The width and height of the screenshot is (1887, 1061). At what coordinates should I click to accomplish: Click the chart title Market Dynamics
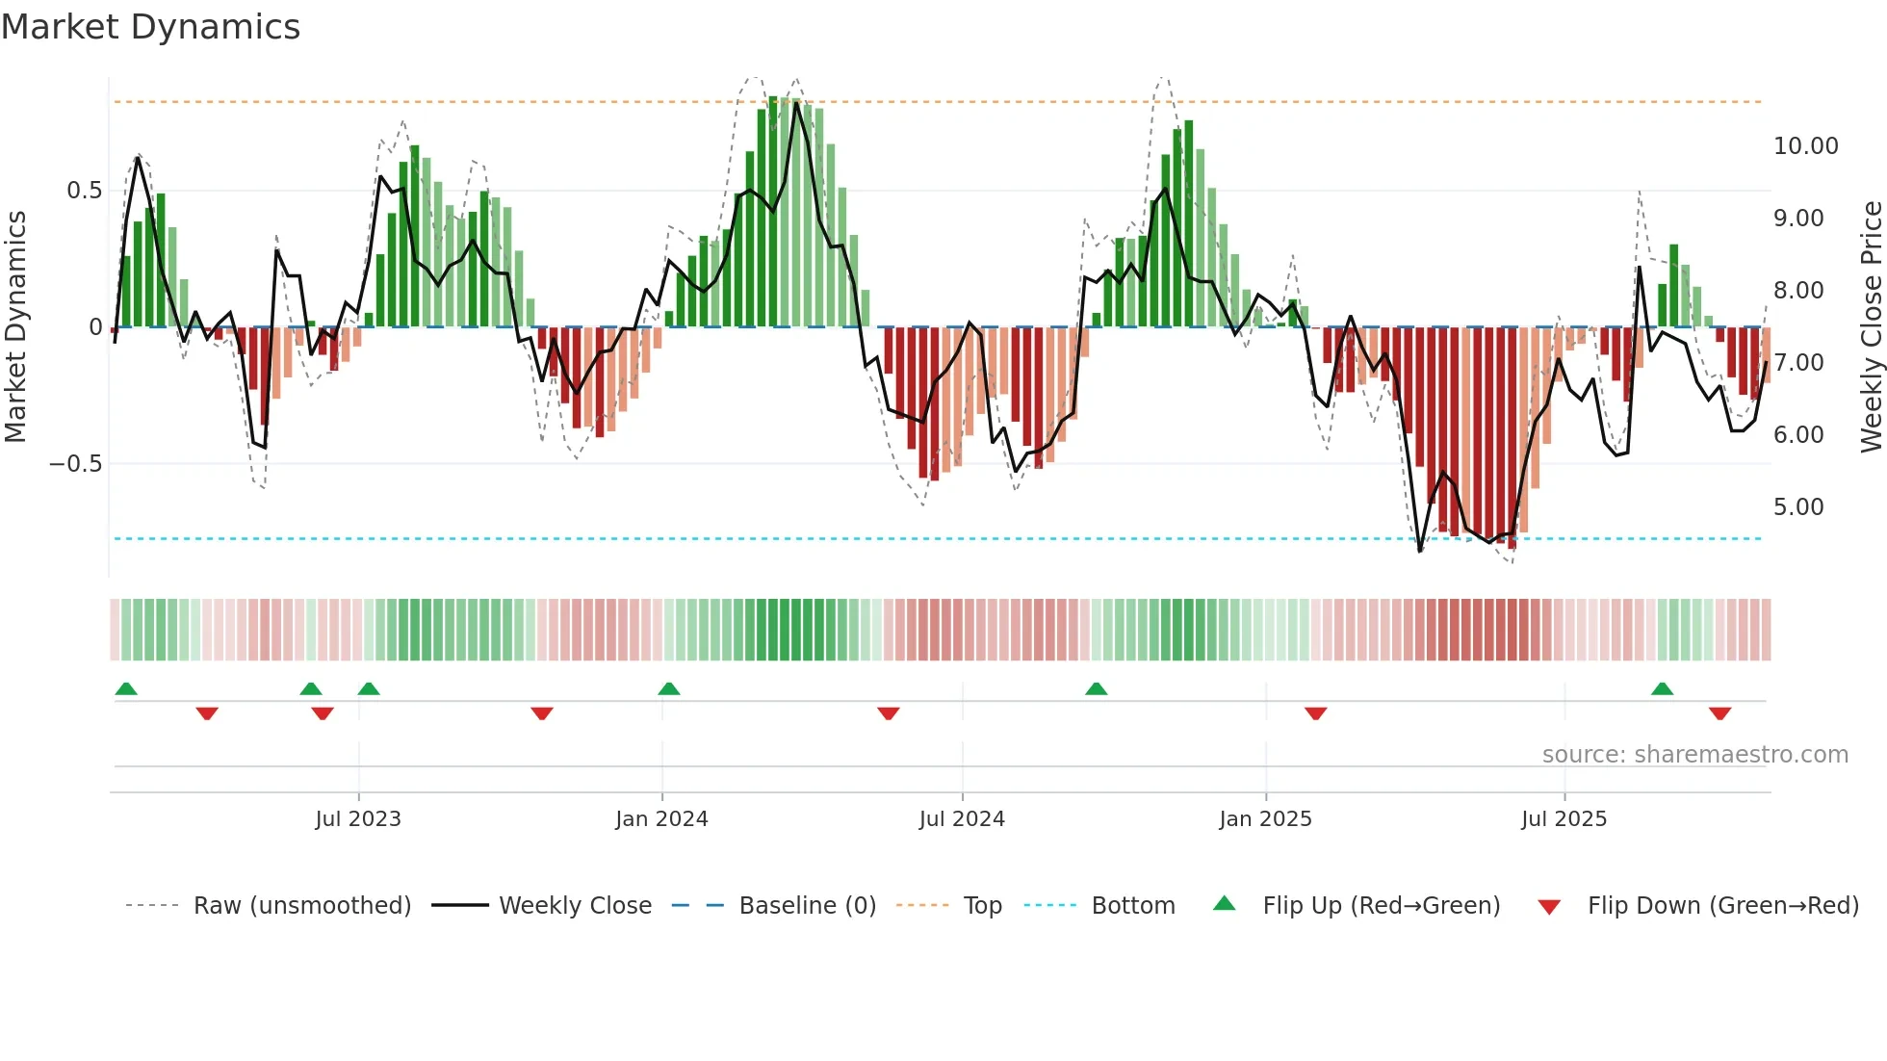(150, 27)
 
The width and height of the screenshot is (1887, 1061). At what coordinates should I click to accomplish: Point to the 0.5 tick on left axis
(84, 191)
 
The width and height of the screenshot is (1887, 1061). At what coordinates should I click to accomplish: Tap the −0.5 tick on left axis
(75, 464)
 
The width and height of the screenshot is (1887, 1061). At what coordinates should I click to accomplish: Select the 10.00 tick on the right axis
(1805, 146)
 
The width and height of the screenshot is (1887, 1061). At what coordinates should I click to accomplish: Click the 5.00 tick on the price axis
(1798, 507)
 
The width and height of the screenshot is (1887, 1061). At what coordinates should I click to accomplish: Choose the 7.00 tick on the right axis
(1798, 363)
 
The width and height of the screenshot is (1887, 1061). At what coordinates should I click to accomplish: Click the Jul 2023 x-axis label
(358, 819)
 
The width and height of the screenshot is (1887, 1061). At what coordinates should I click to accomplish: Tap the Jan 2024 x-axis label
(661, 819)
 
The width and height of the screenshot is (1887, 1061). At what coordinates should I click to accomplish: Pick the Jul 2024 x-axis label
(962, 819)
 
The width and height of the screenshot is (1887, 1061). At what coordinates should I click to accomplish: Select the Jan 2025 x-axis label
(1265, 819)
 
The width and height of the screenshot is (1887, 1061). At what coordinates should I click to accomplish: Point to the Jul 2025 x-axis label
(1564, 819)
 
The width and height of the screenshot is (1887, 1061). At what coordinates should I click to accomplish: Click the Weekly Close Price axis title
(1871, 326)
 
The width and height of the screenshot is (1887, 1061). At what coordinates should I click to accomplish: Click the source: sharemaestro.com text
(1694, 755)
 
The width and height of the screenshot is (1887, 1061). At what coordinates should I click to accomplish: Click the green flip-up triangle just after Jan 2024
(669, 688)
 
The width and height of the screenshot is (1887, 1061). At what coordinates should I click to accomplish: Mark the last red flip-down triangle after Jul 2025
(1719, 713)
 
